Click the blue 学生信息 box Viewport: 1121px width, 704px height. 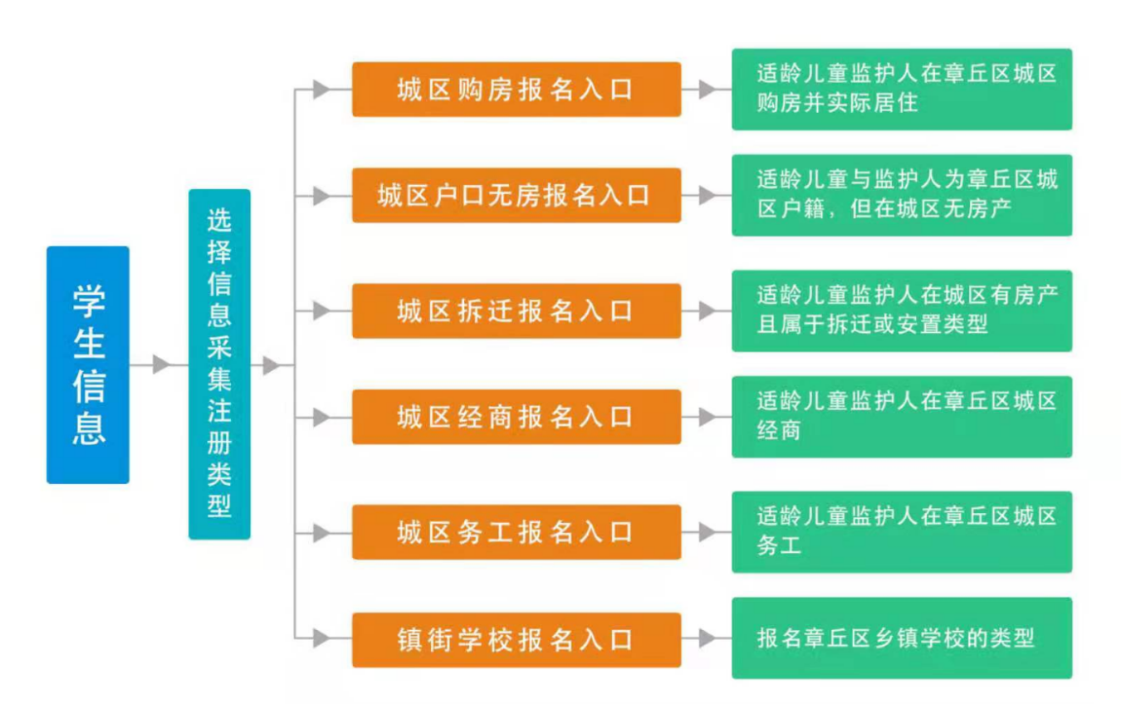88,364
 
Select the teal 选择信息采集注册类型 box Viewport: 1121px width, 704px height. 219,364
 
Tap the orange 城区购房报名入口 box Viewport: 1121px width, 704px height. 516,90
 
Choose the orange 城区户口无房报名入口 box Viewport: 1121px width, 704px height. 516,196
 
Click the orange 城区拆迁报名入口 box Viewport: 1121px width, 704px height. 516,311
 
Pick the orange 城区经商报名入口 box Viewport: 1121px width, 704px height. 516,417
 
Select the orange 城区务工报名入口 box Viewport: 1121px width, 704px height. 516,532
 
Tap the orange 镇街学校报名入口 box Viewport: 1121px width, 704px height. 516,639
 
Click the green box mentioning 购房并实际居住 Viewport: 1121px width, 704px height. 901,90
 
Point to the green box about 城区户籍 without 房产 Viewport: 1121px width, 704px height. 901,196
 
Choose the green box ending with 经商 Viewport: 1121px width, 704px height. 901,417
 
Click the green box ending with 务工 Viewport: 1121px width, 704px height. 901,532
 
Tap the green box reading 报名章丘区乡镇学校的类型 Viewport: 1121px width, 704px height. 901,638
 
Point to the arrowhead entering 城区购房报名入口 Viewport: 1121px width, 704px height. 321,90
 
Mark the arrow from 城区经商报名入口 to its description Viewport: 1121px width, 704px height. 707,417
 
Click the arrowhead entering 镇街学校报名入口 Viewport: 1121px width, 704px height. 321,639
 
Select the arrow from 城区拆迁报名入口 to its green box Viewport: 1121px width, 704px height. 707,311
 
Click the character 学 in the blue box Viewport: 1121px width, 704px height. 88,301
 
